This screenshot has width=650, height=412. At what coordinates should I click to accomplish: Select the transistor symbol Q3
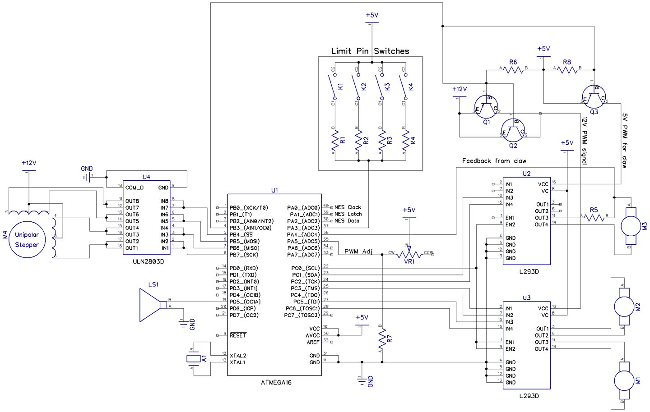coord(594,97)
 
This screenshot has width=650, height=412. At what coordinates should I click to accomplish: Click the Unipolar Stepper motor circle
coord(27,240)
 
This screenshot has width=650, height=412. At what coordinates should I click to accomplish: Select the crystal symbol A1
coord(193,358)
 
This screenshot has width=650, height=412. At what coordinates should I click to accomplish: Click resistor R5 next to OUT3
coord(594,218)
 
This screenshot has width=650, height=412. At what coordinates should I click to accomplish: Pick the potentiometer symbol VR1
coord(409,255)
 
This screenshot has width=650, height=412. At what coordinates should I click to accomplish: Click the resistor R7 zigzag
coord(382,338)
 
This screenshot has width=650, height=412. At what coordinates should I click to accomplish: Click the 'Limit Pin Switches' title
coord(370,51)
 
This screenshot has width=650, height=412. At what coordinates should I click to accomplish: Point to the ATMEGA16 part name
coord(276,382)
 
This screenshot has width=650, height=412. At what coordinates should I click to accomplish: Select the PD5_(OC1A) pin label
coord(245,302)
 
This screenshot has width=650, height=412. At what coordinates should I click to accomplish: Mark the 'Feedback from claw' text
coord(494,161)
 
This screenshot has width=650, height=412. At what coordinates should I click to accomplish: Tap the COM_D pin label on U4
coord(135,188)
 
